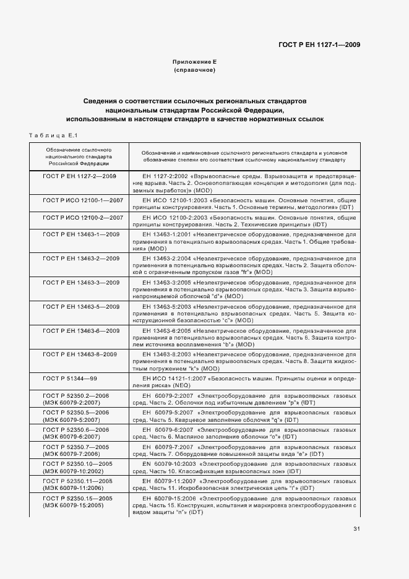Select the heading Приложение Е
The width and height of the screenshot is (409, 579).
tap(194, 62)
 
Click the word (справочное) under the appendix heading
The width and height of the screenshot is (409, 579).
tap(194, 71)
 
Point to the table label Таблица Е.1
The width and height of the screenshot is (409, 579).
tap(52, 135)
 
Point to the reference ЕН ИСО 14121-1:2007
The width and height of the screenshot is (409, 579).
tap(174, 377)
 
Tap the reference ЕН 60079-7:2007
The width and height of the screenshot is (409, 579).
tap(166, 447)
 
